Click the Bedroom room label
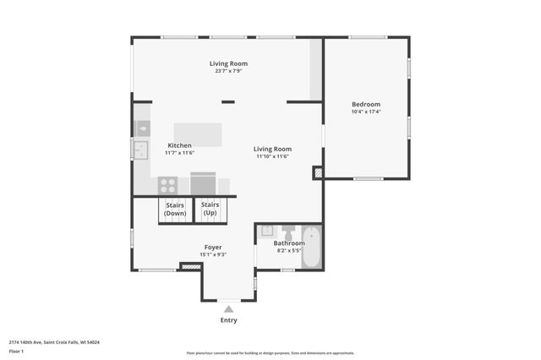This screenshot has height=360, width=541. coord(366,104)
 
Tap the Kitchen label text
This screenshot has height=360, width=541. coord(179,145)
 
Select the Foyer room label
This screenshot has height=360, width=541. coord(213,247)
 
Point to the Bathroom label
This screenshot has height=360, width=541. coord(289,243)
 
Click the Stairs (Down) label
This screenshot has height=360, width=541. coord(175,209)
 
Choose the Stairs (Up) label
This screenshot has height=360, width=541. coord(210,209)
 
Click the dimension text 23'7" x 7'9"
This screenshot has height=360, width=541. coord(228,71)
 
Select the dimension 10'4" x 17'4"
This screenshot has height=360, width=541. coord(366,112)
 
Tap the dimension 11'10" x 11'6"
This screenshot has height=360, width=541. coord(273,156)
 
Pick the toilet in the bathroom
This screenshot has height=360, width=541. coord(287,231)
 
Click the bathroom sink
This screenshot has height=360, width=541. coord(266,230)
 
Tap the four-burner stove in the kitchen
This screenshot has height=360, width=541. coord(167,184)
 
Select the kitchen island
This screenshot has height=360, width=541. coord(198,134)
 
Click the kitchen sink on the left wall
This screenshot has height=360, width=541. coord(139,150)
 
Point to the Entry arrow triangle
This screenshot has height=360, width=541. coord(228,309)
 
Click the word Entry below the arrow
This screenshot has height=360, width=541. coord(228,320)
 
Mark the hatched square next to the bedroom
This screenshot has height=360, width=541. coord(318,172)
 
